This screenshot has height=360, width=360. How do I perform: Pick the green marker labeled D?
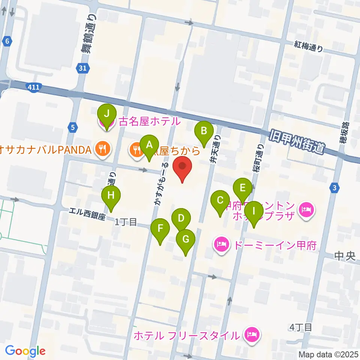pyautogui.click(x=181, y=219)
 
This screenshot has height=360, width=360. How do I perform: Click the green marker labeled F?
pyautogui.click(x=160, y=229)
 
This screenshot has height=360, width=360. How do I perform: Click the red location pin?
pyautogui.click(x=182, y=167)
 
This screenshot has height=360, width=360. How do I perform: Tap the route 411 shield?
pyautogui.click(x=34, y=87)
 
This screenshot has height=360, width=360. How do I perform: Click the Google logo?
pyautogui.click(x=25, y=351)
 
